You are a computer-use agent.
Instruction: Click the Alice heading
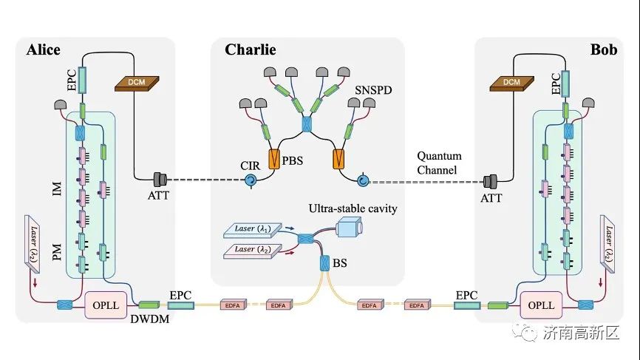[44, 50]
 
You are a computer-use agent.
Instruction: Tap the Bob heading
[604, 50]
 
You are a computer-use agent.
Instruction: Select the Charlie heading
[251, 50]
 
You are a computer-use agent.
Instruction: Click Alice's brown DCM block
[137, 84]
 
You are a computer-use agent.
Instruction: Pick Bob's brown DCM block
[512, 84]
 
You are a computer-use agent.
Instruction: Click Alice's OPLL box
[106, 305]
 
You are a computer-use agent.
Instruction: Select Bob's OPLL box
[541, 305]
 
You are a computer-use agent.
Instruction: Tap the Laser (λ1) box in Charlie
[253, 230]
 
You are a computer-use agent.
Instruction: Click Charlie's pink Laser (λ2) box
[253, 251]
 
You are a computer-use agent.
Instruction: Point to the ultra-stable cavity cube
[350, 226]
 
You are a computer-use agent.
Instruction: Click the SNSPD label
[373, 89]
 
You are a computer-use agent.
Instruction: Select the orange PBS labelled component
[274, 159]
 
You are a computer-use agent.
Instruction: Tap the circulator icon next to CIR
[251, 180]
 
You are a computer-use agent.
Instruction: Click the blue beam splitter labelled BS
[324, 263]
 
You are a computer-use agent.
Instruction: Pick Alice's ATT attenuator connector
[160, 179]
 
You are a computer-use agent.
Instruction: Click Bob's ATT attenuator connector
[490, 181]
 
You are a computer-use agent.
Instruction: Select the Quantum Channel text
[439, 163]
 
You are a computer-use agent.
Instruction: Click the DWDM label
[150, 319]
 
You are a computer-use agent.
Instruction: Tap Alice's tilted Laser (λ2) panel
[33, 244]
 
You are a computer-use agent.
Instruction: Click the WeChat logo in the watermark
[525, 332]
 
